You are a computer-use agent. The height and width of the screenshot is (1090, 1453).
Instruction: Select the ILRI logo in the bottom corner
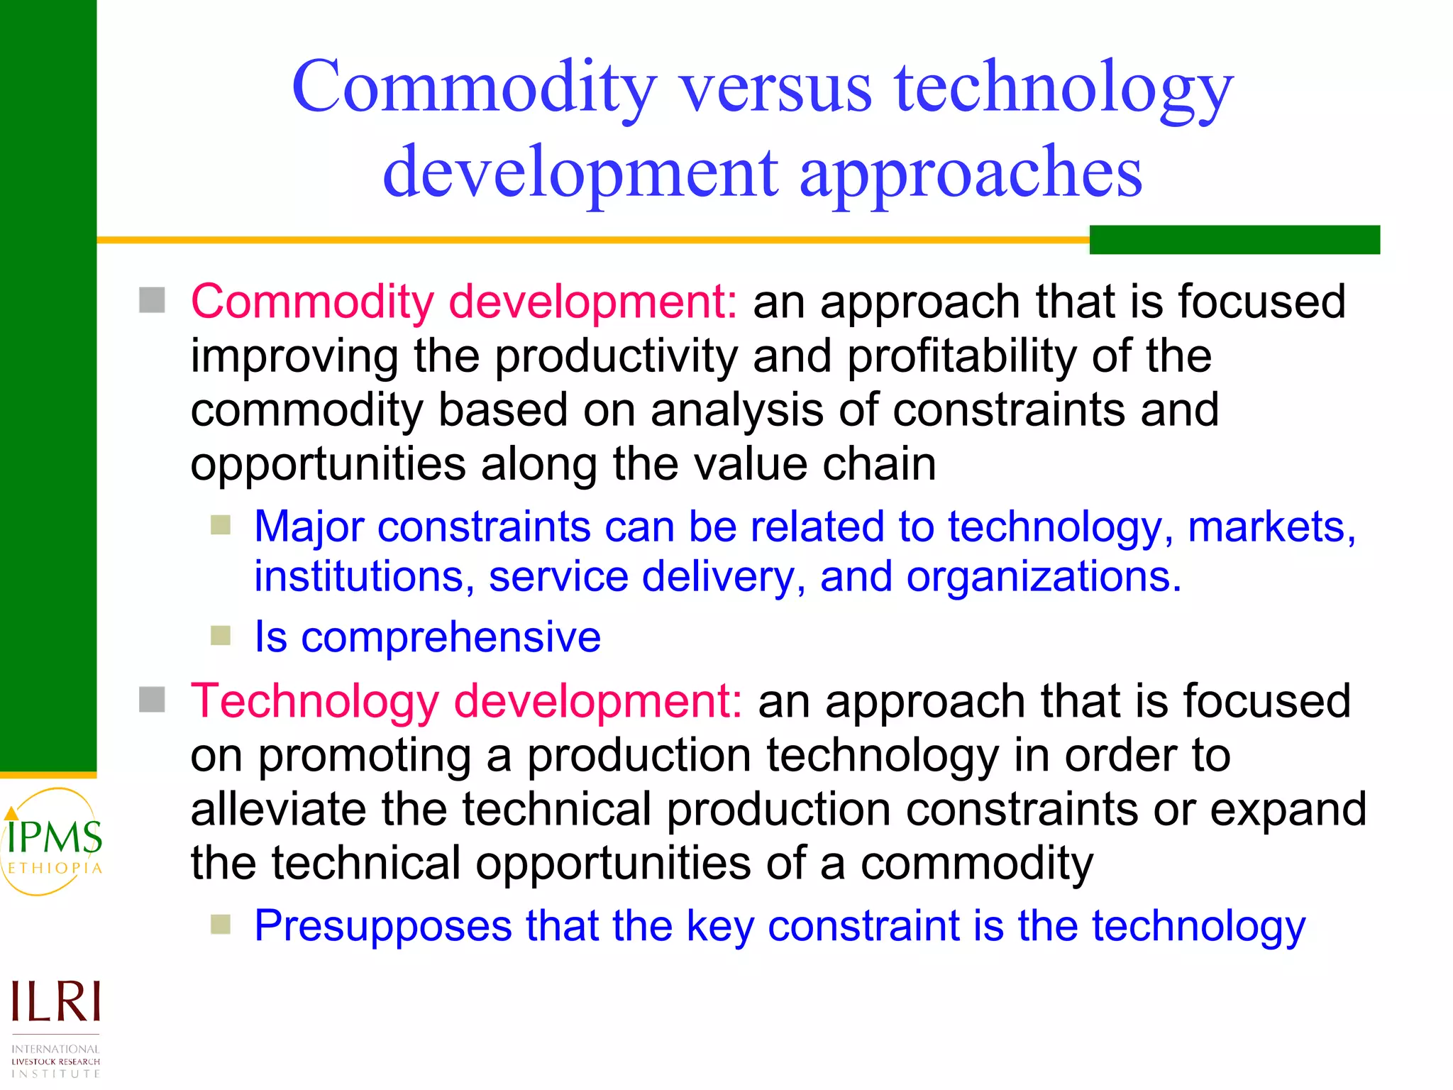point(55,1026)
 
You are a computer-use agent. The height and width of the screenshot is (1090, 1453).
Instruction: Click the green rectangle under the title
point(1234,239)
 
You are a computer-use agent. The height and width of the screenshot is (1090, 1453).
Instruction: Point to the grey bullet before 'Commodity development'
point(152,300)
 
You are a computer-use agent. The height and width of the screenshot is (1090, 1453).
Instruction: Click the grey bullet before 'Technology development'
point(152,700)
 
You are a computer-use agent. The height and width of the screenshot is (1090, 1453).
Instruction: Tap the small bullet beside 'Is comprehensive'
point(221,635)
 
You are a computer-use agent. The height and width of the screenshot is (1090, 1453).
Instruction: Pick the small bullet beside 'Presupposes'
point(221,924)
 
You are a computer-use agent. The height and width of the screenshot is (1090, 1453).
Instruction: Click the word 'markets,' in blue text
point(1271,527)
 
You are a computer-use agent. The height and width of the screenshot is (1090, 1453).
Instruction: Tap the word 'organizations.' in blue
point(1044,576)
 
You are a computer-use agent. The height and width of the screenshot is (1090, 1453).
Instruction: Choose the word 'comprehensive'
point(451,637)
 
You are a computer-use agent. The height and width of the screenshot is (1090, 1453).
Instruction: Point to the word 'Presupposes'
point(383,926)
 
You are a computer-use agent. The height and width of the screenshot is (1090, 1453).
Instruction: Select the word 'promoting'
point(364,756)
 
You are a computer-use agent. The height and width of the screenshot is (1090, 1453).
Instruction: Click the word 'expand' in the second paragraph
point(1288,810)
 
